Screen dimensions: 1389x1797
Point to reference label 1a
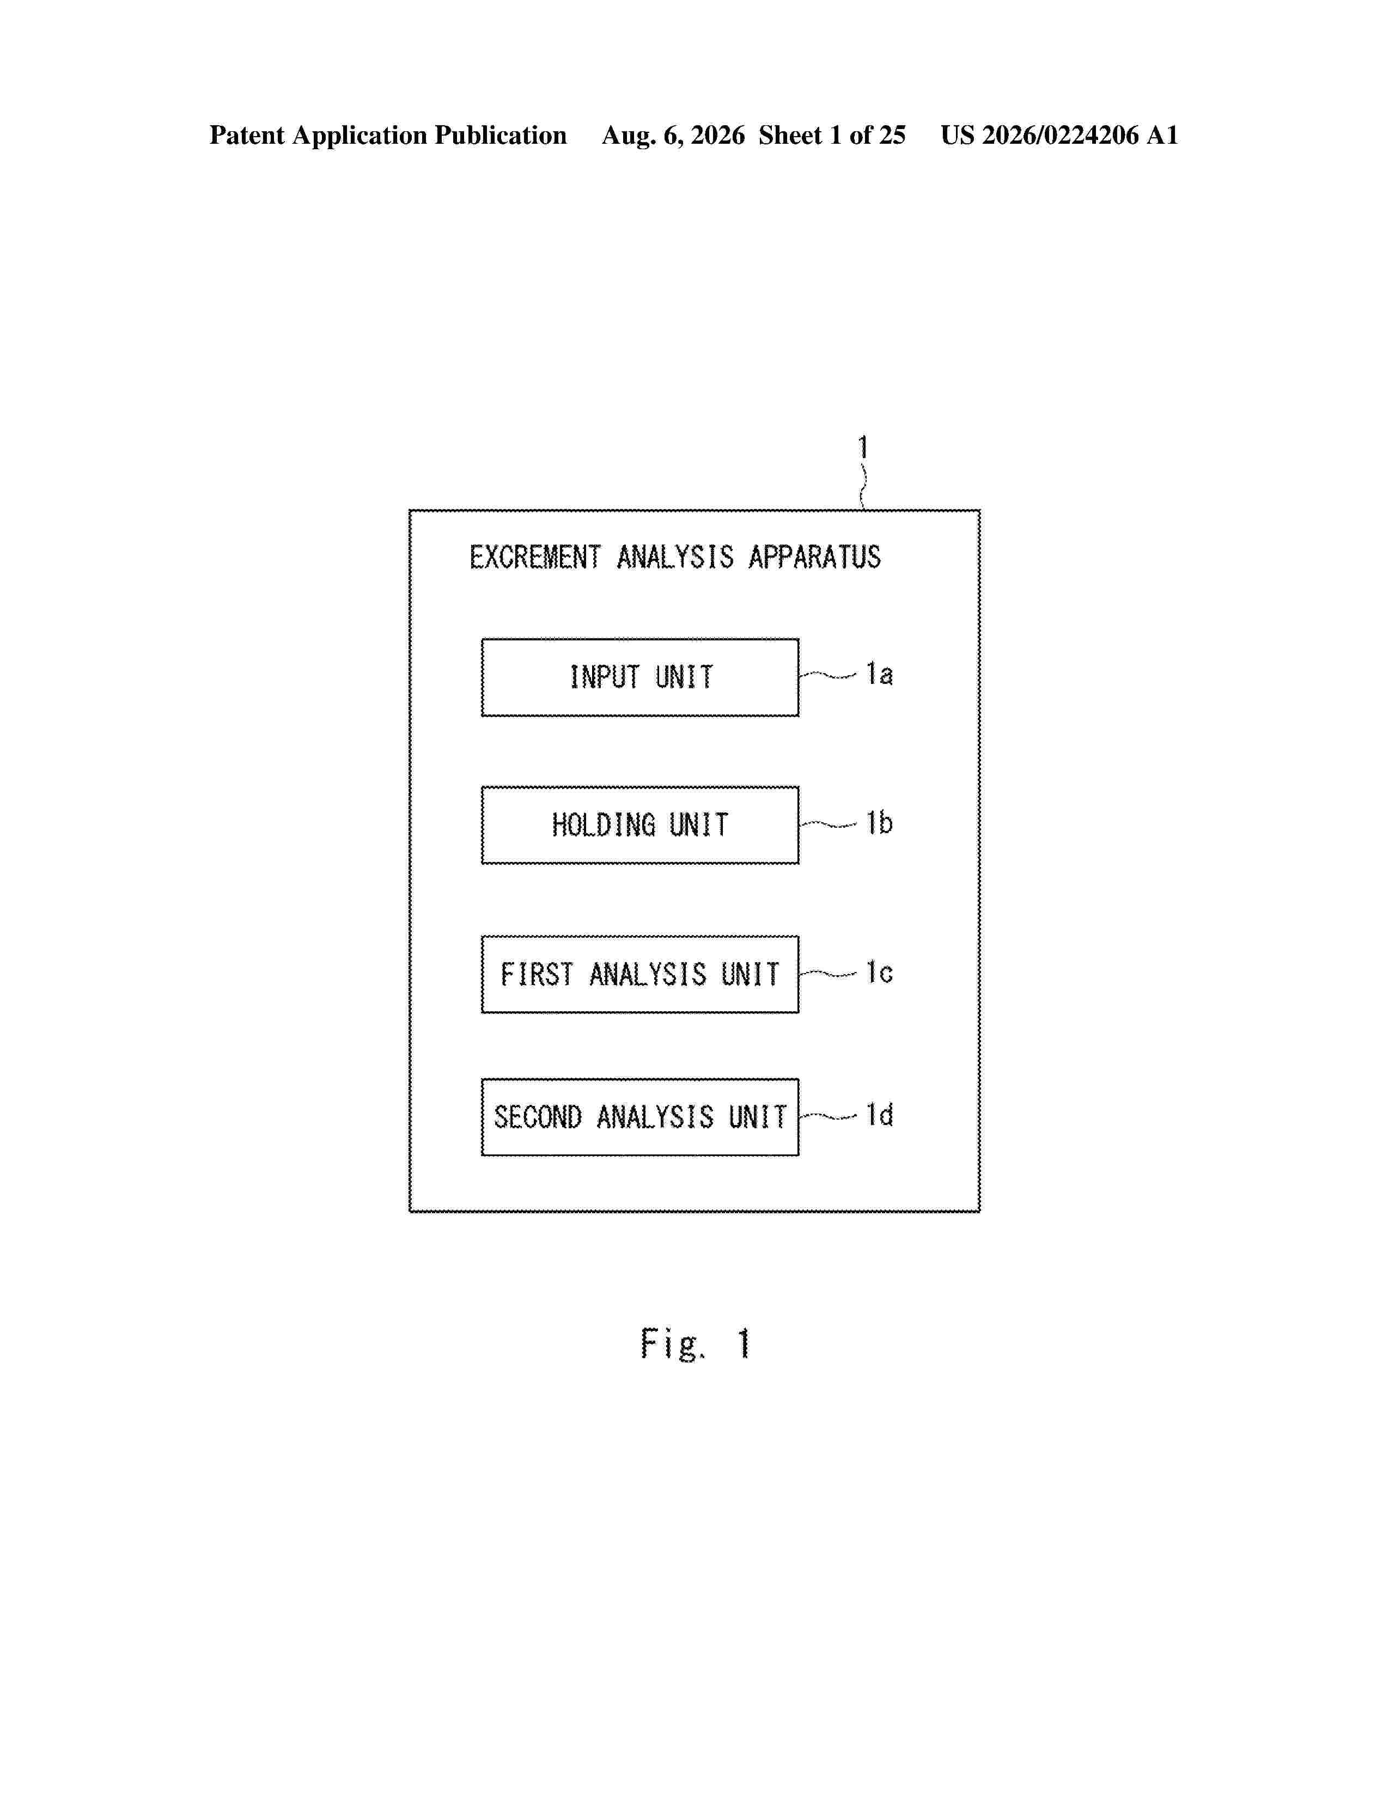click(x=879, y=674)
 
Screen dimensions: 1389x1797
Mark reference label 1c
click(x=879, y=973)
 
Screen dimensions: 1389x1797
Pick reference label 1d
click(x=879, y=1115)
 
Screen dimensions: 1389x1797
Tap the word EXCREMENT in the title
click(x=535, y=557)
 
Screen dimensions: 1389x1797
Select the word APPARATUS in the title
click(x=815, y=557)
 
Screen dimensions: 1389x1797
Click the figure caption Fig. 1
click(x=696, y=1343)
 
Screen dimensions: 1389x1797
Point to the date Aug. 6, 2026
click(x=673, y=135)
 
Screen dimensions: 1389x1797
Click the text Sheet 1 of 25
click(x=832, y=135)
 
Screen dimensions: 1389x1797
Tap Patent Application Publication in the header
click(x=388, y=135)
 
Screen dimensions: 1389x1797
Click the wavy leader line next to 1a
click(x=828, y=676)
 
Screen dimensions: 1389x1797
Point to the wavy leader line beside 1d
click(x=828, y=1116)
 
